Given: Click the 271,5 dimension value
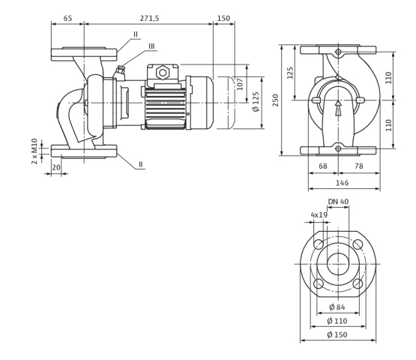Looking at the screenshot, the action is point(149,18).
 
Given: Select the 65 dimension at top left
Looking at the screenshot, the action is point(67,18).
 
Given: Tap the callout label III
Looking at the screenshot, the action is point(151,46).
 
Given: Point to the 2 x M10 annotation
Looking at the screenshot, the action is point(34,151).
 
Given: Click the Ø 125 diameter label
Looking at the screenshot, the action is point(256,102).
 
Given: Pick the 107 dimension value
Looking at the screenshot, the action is point(240,84).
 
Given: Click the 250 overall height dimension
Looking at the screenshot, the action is point(276,100).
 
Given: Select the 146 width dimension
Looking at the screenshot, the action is point(342,183).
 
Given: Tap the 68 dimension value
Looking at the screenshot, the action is point(323,166).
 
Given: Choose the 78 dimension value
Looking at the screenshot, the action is point(359,166).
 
